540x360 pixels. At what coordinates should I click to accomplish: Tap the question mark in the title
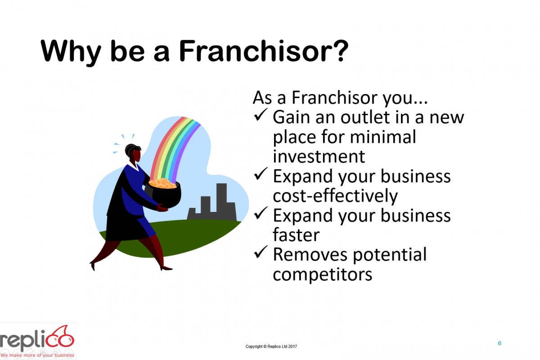pyautogui.click(x=340, y=52)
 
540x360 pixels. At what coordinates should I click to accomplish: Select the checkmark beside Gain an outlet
pyautogui.click(x=261, y=116)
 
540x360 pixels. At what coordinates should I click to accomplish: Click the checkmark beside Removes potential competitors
pyautogui.click(x=261, y=253)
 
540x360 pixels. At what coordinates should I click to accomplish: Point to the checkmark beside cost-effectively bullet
pyautogui.click(x=261, y=175)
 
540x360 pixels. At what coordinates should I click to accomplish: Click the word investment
pyautogui.click(x=319, y=156)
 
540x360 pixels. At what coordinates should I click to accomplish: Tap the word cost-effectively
pyautogui.click(x=335, y=196)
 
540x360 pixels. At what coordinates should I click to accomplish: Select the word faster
pyautogui.click(x=296, y=234)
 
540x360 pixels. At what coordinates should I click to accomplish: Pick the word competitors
pyautogui.click(x=322, y=274)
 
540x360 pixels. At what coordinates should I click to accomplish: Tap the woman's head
pyautogui.click(x=133, y=153)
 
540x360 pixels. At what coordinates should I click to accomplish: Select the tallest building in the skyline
pyautogui.click(x=221, y=200)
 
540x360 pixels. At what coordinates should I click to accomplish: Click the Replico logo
pyautogui.click(x=38, y=340)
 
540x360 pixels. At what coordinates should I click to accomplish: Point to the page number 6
pyautogui.click(x=499, y=343)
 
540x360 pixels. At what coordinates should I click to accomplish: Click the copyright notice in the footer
pyautogui.click(x=271, y=346)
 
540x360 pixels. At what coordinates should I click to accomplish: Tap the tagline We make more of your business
pyautogui.click(x=37, y=355)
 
